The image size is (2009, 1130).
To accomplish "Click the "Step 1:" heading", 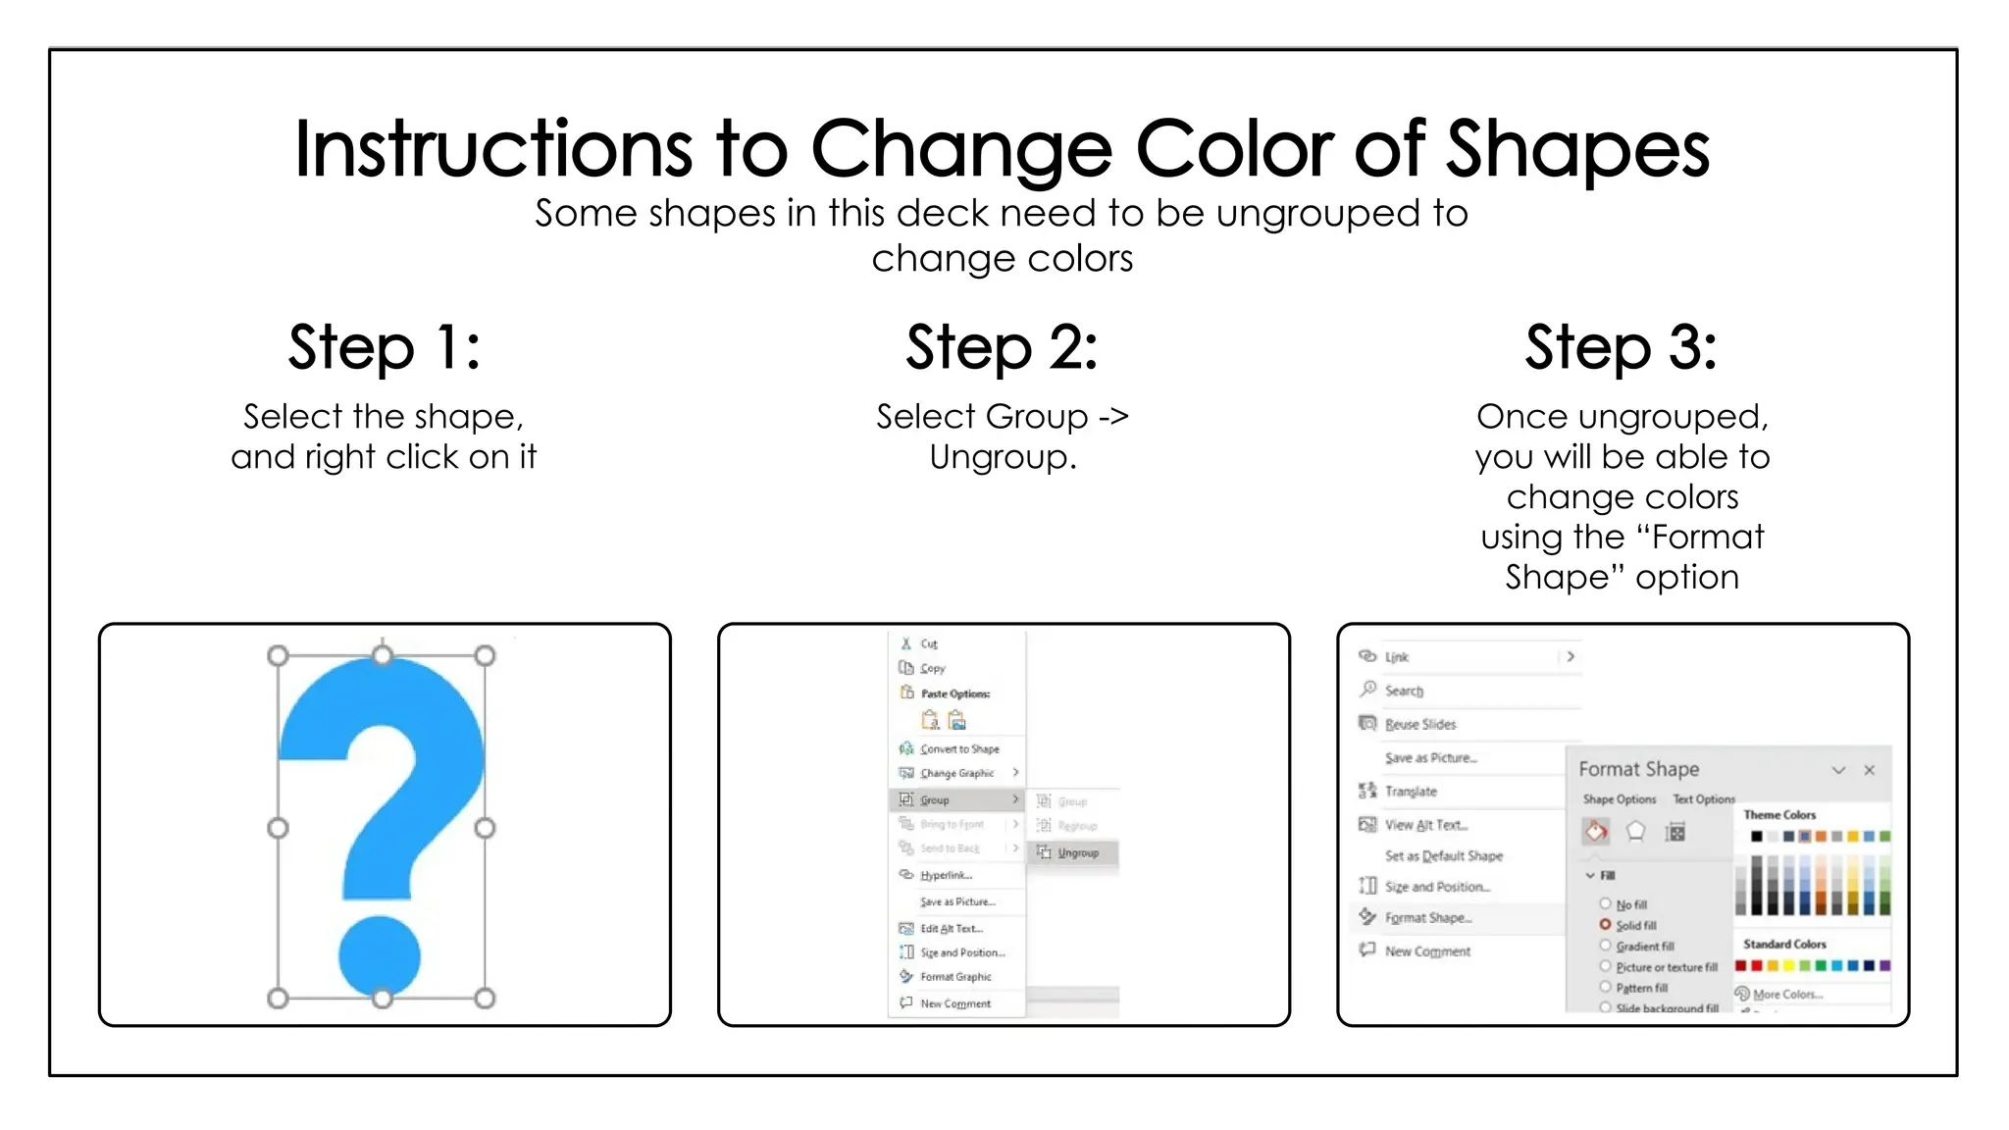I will tap(384, 347).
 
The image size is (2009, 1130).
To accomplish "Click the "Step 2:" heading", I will tap(1002, 347).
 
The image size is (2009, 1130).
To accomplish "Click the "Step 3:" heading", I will tap(1621, 347).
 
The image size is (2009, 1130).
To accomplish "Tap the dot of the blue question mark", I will tap(380, 955).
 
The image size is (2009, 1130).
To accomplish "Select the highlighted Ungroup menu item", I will tap(1076, 852).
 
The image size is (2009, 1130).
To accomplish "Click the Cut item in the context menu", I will tap(928, 643).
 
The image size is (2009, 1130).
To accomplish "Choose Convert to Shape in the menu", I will tap(958, 748).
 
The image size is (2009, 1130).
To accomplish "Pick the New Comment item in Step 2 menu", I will tap(954, 1003).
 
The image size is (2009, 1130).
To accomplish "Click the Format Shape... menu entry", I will tap(1427, 918).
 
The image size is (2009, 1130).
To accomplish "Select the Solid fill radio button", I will tap(1606, 924).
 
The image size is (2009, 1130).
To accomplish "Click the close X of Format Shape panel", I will tap(1870, 770).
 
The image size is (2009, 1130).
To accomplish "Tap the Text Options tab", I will tap(1703, 799).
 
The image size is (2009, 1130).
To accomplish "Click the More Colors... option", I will tap(1786, 994).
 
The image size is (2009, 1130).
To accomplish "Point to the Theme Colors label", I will tap(1779, 815).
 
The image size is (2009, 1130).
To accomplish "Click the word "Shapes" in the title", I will tap(1577, 149).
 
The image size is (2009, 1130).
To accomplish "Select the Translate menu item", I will tap(1411, 791).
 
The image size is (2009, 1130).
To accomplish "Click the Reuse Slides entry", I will tap(1419, 724).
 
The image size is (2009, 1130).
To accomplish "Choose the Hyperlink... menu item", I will tap(946, 875).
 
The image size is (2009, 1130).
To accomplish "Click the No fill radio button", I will tap(1606, 903).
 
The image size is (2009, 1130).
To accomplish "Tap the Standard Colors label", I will tap(1784, 944).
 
